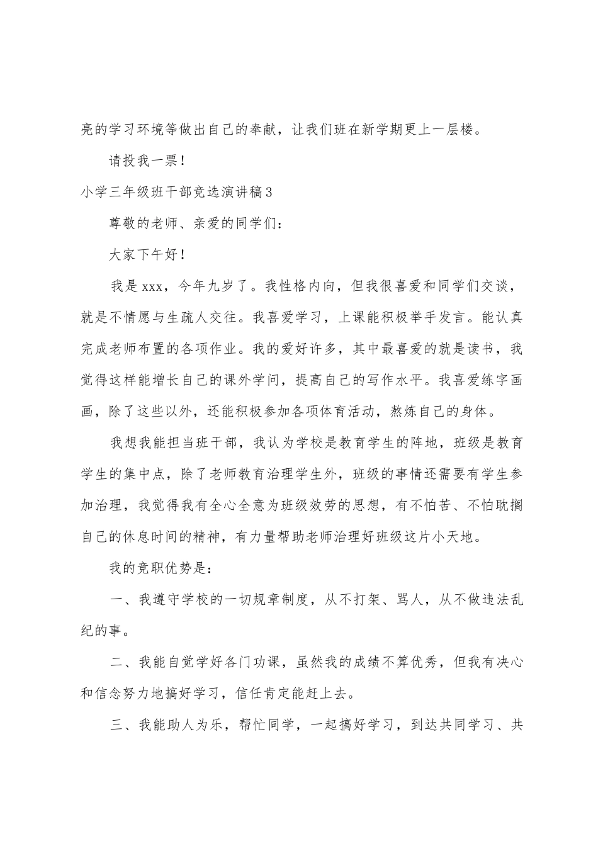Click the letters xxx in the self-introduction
[153, 287]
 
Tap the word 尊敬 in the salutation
[124, 224]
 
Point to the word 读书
[480, 349]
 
